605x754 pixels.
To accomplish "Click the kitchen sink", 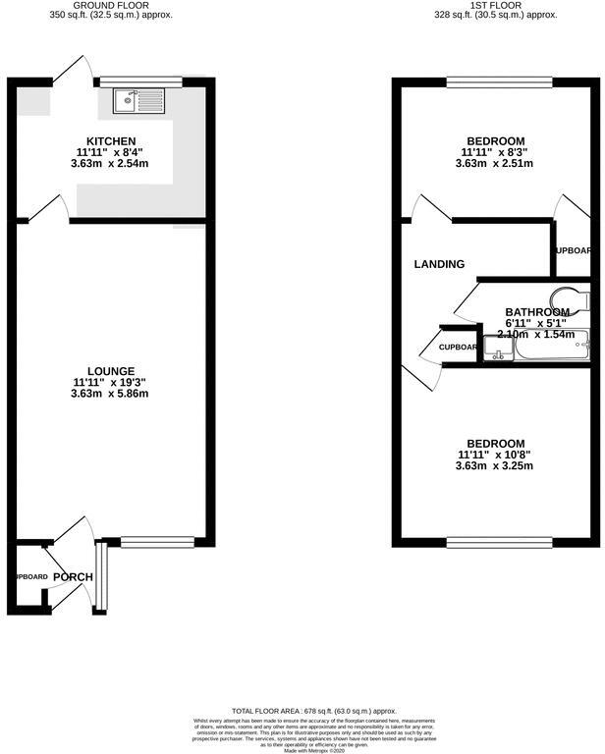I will pyautogui.click(x=131, y=99).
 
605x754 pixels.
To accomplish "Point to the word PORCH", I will pyautogui.click(x=73, y=576).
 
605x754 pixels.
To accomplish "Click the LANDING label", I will pyautogui.click(x=439, y=264).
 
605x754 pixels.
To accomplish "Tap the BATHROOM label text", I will pyautogui.click(x=536, y=312).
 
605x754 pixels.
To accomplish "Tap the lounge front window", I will pyautogui.click(x=157, y=539).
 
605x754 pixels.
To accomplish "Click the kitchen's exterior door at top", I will pyautogui.click(x=71, y=71).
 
